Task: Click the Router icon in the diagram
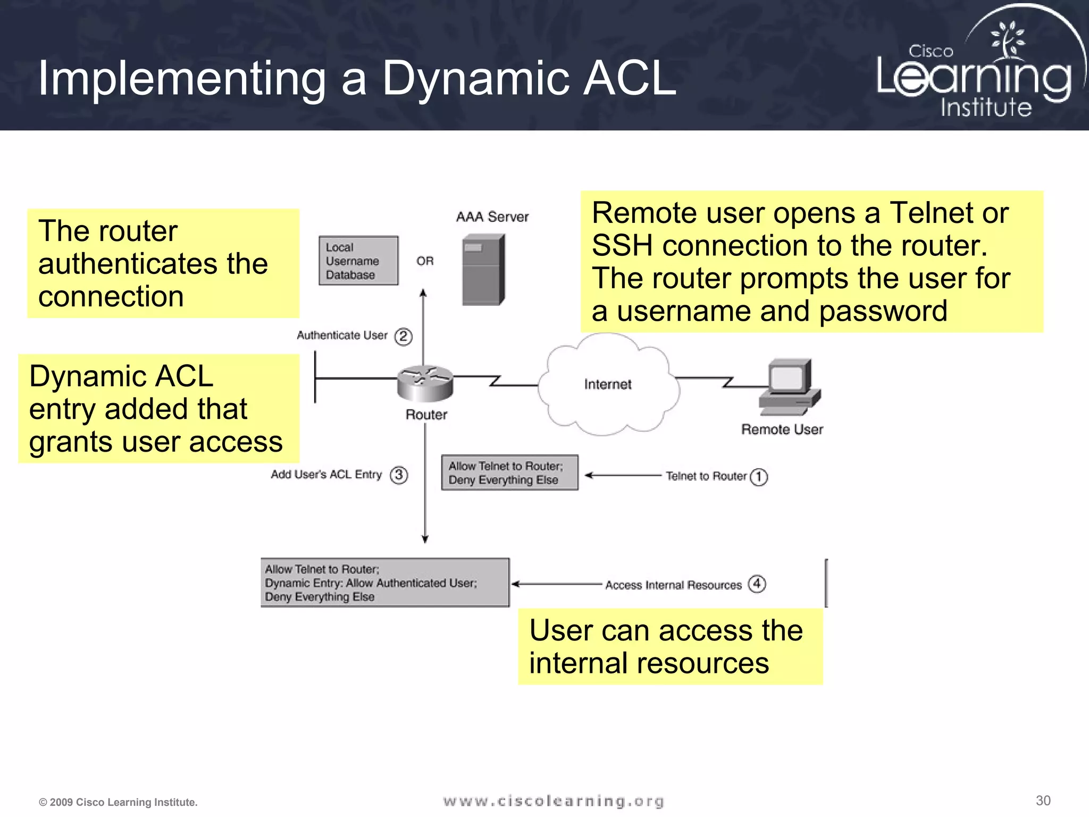425,383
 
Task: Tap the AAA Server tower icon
483,270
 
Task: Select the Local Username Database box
358,261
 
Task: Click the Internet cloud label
608,384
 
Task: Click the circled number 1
759,477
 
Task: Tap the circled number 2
403,336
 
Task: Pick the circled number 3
399,474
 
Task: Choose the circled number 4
757,584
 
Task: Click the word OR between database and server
425,261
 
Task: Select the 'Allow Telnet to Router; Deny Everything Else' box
509,472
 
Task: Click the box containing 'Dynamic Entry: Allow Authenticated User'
385,583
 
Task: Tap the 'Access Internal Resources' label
673,585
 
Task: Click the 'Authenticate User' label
342,335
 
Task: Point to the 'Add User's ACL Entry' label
326,474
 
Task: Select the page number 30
1043,801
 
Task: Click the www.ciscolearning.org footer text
554,801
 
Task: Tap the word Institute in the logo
986,107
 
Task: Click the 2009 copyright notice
118,802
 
